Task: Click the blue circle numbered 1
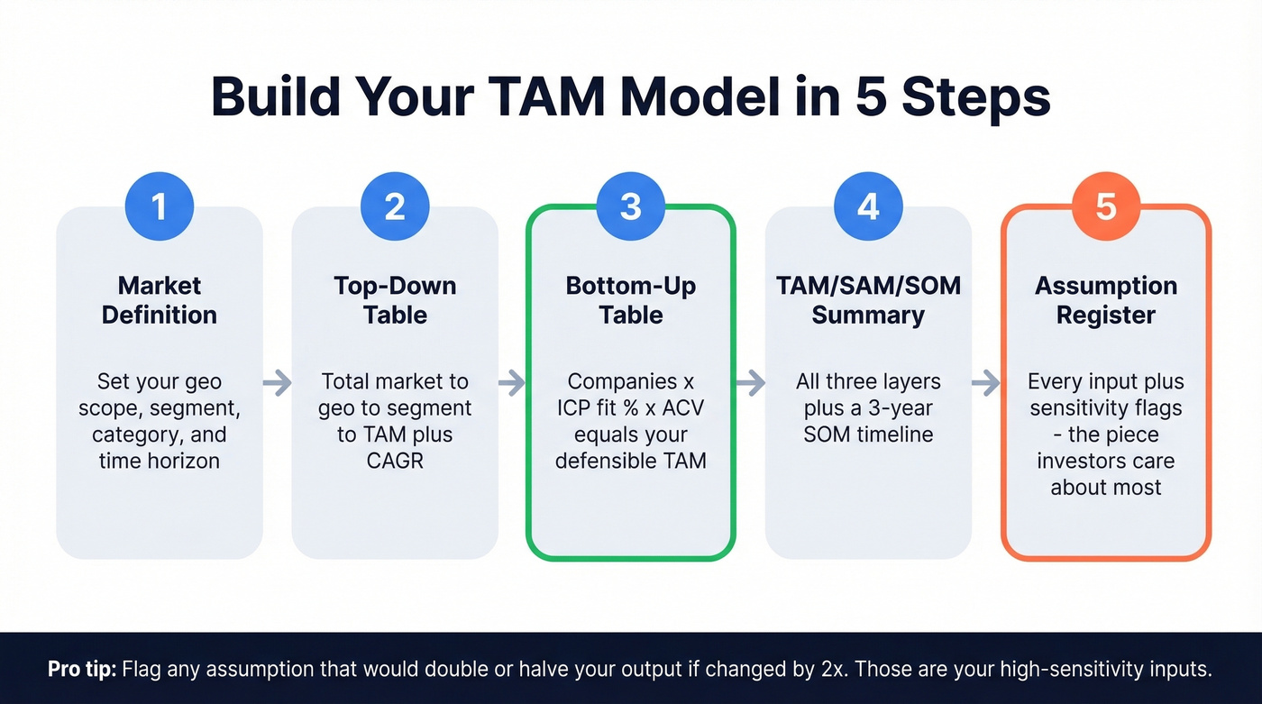(x=160, y=206)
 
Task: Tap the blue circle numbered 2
(x=395, y=206)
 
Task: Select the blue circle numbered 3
(x=631, y=206)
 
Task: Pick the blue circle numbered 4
(x=867, y=206)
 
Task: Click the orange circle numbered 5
(x=1106, y=206)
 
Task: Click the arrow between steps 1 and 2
(x=278, y=383)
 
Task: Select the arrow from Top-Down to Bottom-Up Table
(x=512, y=383)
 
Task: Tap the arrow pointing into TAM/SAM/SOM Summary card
(x=750, y=383)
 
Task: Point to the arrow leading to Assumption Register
(x=986, y=383)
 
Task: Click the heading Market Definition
(x=160, y=300)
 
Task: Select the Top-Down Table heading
(x=395, y=300)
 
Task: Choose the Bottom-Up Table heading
(x=631, y=300)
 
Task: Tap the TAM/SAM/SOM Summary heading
(x=868, y=300)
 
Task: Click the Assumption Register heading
(x=1106, y=300)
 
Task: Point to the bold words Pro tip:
(x=82, y=670)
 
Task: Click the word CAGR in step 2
(x=395, y=461)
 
